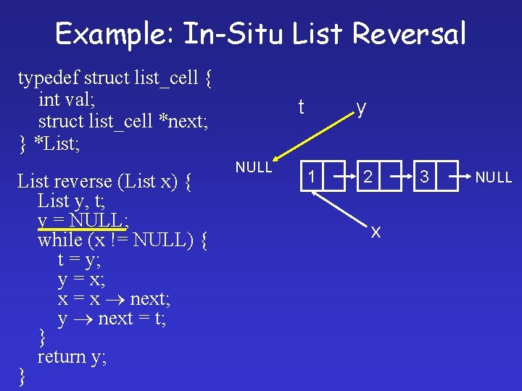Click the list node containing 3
(425, 176)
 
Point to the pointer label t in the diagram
(301, 108)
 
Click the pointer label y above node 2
(361, 109)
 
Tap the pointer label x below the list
(376, 232)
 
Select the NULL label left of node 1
(254, 167)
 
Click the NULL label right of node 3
(494, 177)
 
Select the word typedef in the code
(48, 77)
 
